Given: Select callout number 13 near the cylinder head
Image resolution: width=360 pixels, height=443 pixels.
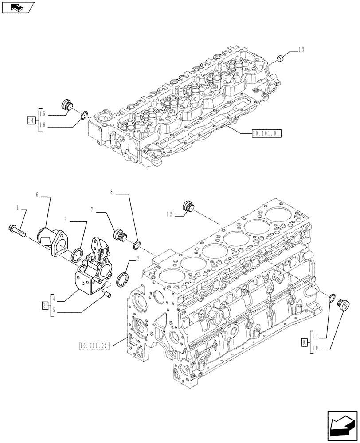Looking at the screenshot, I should pos(301,50).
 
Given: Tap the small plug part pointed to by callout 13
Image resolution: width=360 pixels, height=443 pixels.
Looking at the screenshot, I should pos(280,58).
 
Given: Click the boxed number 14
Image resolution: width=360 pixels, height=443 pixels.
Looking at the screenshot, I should pos(31,120).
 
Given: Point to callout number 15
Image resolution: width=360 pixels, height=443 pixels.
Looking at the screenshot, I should pos(43,113).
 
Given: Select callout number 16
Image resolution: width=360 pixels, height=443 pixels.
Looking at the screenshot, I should pos(43,126).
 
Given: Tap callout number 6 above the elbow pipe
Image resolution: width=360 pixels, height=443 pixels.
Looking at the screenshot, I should pos(37,194).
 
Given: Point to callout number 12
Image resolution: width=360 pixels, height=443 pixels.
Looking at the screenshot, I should pos(170,214).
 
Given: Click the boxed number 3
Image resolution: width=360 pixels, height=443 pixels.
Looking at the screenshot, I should pos(45,305).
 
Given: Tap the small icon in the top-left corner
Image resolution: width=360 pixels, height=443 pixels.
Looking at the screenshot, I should pos(17,7).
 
